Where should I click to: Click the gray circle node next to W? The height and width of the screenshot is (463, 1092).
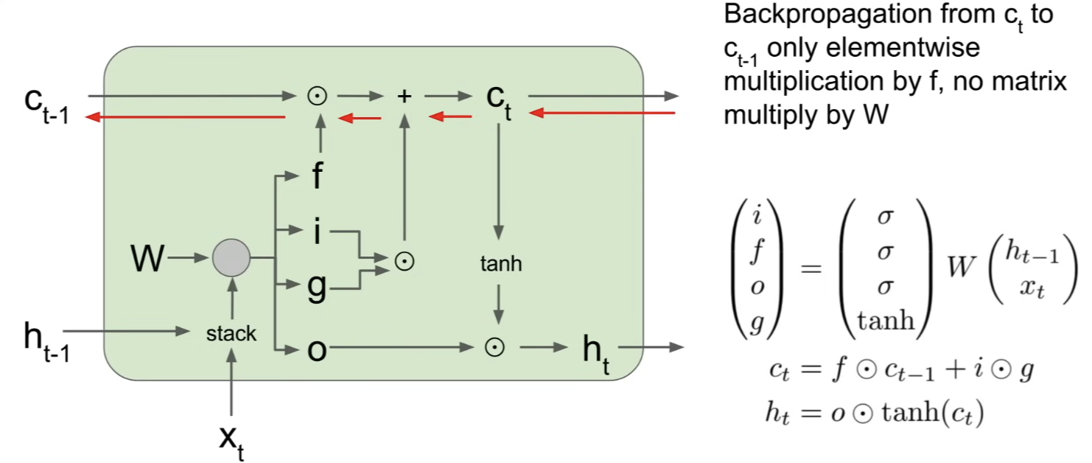pos(231,257)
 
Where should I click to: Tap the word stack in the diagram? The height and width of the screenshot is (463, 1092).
pos(231,334)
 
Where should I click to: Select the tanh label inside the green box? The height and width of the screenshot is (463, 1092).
pos(500,264)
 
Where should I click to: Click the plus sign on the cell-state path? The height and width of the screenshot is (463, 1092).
pos(404,96)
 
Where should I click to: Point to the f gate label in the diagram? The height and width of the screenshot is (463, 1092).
pos(317,175)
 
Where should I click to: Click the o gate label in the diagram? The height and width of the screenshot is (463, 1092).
pos(317,349)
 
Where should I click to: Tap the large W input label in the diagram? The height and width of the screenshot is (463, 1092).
pos(147,257)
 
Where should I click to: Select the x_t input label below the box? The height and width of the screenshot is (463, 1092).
pos(231,442)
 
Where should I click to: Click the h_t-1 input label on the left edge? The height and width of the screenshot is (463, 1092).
pos(47,343)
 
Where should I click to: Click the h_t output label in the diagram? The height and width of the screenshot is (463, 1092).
pos(595,355)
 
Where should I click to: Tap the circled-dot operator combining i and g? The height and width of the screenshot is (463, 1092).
pos(404,262)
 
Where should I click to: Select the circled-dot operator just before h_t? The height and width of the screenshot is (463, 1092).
pos(494,347)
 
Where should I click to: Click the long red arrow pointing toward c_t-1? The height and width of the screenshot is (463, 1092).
pos(185,117)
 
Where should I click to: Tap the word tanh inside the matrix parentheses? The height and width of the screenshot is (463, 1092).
pos(886,321)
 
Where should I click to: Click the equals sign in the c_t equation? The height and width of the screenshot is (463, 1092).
pos(811,369)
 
